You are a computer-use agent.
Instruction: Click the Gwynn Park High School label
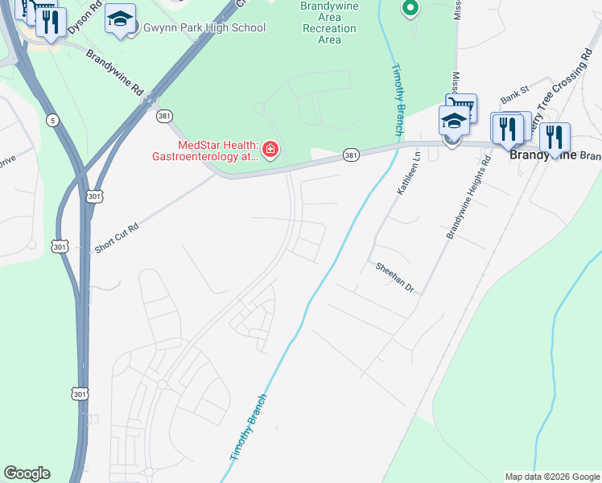(204, 28)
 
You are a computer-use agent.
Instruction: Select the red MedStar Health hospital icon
(270, 150)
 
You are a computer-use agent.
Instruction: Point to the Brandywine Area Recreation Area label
(329, 22)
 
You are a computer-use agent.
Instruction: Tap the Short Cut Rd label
(117, 238)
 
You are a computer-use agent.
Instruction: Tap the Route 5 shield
(53, 121)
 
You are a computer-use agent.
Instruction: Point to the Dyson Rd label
(85, 17)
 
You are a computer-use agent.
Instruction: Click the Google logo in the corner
(27, 473)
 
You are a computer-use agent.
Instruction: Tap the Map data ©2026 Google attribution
(551, 477)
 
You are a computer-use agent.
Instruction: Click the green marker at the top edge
(410, 9)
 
